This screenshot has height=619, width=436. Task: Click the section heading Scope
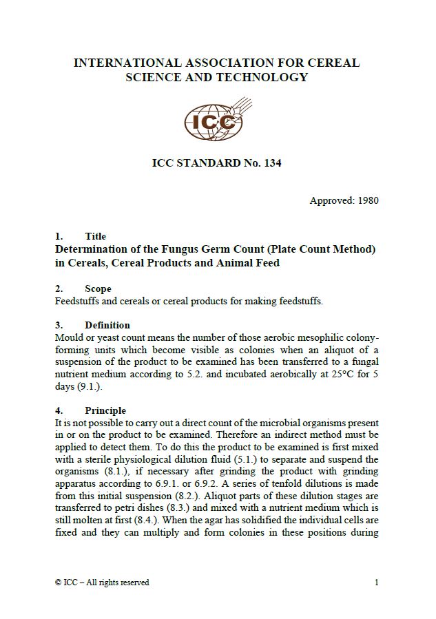pos(98,288)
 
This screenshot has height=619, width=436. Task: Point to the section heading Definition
pos(107,325)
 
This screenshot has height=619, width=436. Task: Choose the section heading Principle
pos(105,410)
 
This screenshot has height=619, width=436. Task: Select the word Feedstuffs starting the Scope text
pos(77,301)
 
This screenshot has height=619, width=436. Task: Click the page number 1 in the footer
pos(377,583)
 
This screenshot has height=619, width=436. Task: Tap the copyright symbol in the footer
pos(58,583)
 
